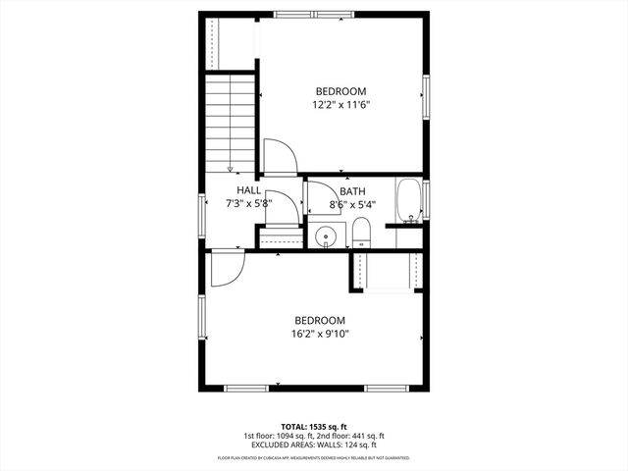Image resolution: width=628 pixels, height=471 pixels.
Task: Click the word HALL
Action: pos(248,190)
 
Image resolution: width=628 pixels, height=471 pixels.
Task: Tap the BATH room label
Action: pos(352,191)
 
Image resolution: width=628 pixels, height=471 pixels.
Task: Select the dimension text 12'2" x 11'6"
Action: pos(340,104)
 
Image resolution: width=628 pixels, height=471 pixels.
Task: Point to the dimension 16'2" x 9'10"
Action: pos(321,334)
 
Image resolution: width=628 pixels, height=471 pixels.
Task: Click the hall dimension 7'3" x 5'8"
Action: pos(247,205)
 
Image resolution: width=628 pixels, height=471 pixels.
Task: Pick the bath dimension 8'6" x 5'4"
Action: pos(352,205)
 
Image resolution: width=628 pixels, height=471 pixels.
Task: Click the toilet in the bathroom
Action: pos(360,234)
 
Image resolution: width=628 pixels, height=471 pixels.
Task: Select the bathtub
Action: pos(408,200)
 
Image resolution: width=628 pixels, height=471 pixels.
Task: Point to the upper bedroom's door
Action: pos(278,157)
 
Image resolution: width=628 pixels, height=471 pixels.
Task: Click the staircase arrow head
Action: pos(230,168)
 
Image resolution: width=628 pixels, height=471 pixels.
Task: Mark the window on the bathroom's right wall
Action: pos(427,200)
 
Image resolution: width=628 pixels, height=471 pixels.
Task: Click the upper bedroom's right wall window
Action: pos(427,96)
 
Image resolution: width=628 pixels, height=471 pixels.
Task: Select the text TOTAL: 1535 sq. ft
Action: pos(313,427)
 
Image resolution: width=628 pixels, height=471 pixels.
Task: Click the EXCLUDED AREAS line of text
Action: pos(313,445)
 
